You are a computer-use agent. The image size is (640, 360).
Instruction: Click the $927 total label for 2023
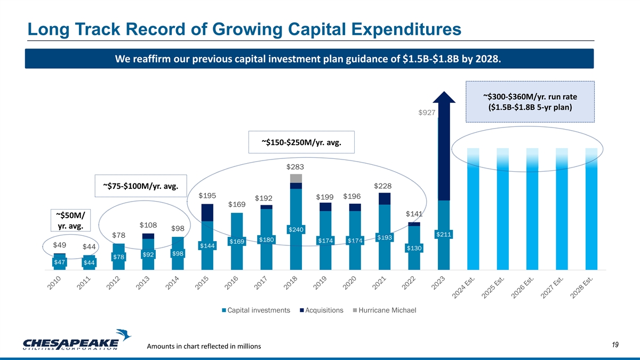pos(427,113)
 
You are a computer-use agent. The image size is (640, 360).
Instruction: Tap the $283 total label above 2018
pos(296,166)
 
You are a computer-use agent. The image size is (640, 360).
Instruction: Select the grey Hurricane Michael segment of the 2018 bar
pos(296,178)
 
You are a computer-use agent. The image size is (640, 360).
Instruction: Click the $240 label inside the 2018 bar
pos(296,229)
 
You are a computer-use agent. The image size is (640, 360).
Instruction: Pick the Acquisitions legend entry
pos(321,310)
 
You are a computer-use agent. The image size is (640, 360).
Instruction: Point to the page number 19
pos(615,346)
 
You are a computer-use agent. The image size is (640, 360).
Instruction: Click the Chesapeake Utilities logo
pos(78,342)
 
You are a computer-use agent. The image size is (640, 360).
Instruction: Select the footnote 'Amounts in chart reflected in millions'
pos(207,347)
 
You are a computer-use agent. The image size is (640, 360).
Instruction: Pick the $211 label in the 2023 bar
pos(444,234)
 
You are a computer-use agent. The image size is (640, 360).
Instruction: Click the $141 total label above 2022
pos(414,214)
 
